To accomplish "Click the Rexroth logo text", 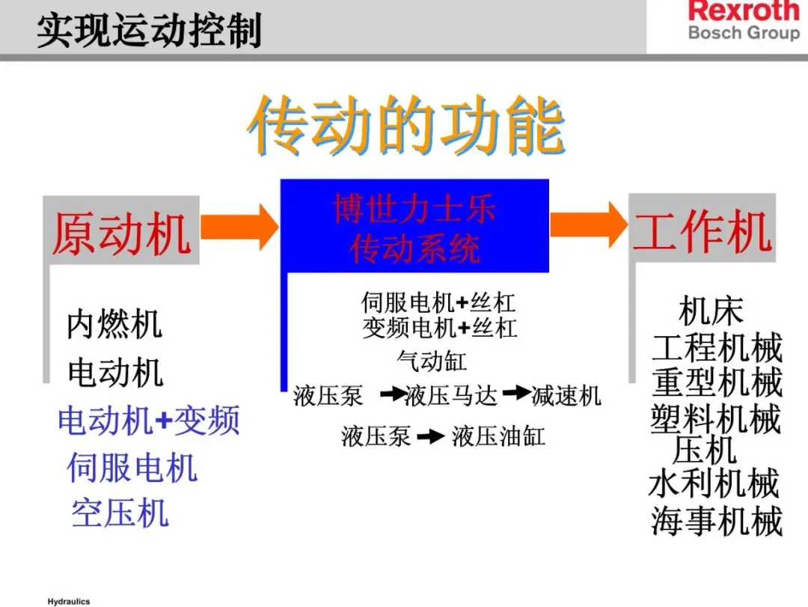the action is click(x=744, y=12).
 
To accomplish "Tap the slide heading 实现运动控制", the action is click(x=150, y=31).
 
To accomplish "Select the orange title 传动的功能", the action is click(x=405, y=126).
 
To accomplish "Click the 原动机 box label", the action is click(x=122, y=233).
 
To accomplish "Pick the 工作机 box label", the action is click(x=702, y=230).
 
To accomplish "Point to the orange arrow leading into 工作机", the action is click(x=588, y=224).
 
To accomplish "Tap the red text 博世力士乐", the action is click(x=414, y=209).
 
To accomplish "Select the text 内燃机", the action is click(x=114, y=325).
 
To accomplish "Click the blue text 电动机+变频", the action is click(x=149, y=421).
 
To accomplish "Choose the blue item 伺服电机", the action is click(x=132, y=468).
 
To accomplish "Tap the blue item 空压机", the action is click(x=120, y=513).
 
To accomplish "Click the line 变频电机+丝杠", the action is click(x=439, y=328).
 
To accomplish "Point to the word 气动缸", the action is click(x=431, y=362).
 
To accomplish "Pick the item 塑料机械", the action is click(x=716, y=418).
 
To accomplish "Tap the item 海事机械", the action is click(x=716, y=521).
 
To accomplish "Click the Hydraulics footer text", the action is click(x=68, y=601).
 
